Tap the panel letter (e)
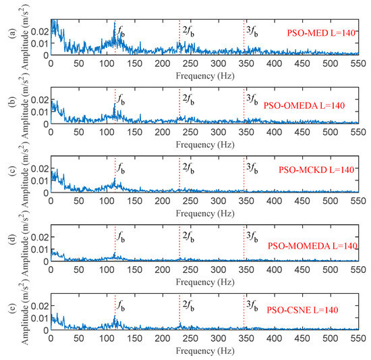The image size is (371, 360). click(x=6, y=311)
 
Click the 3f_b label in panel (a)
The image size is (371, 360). click(x=251, y=30)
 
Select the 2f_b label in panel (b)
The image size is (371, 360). click(x=187, y=99)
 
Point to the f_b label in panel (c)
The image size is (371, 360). click(x=121, y=168)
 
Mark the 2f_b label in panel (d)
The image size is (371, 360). click(x=187, y=236)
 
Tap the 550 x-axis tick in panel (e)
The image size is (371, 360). click(x=358, y=340)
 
